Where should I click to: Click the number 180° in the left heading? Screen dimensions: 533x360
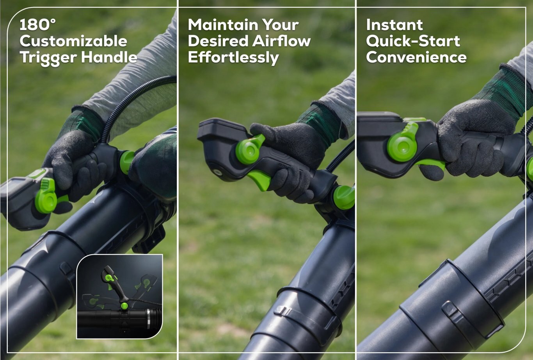(37, 25)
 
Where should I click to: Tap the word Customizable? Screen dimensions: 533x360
(73, 41)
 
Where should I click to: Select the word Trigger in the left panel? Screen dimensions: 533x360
(48, 58)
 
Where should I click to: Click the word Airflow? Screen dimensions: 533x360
(281, 41)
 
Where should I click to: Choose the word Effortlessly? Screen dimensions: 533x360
(233, 58)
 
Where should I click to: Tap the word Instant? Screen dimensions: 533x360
(394, 25)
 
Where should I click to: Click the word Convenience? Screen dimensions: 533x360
(416, 57)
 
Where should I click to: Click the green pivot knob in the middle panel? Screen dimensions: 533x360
(344, 197)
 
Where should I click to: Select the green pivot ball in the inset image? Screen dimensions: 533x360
(124, 306)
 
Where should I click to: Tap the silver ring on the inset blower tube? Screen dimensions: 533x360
(149, 319)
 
